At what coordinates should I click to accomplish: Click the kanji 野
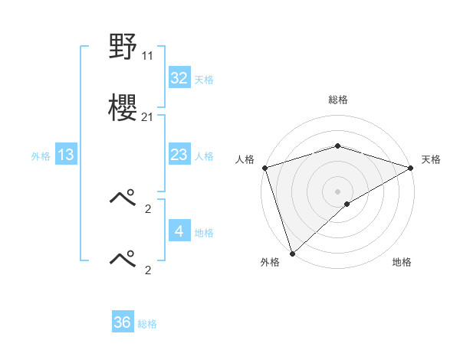click(x=123, y=48)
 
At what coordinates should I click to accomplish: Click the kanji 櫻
click(x=123, y=108)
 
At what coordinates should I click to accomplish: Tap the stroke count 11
click(x=148, y=56)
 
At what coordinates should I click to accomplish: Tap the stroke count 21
click(x=148, y=116)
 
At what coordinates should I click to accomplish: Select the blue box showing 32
click(x=179, y=78)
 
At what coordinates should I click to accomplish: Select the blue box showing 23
click(x=179, y=155)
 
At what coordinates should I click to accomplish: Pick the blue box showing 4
click(x=179, y=231)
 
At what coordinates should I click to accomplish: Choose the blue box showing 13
click(x=66, y=155)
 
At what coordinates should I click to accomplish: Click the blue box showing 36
click(x=123, y=322)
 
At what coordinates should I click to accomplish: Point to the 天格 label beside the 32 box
click(x=204, y=79)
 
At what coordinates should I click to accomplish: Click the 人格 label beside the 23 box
click(x=204, y=155)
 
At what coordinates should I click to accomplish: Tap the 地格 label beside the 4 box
click(x=204, y=231)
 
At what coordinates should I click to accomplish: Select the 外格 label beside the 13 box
click(x=41, y=155)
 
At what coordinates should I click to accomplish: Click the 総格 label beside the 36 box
click(x=147, y=323)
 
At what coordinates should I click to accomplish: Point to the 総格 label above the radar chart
click(x=337, y=100)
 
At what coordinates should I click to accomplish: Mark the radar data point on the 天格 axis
click(x=410, y=168)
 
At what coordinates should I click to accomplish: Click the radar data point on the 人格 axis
click(x=264, y=168)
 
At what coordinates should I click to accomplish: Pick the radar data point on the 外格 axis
click(x=292, y=253)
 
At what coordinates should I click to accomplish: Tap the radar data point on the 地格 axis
click(x=347, y=204)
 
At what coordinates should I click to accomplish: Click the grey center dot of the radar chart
click(x=337, y=191)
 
